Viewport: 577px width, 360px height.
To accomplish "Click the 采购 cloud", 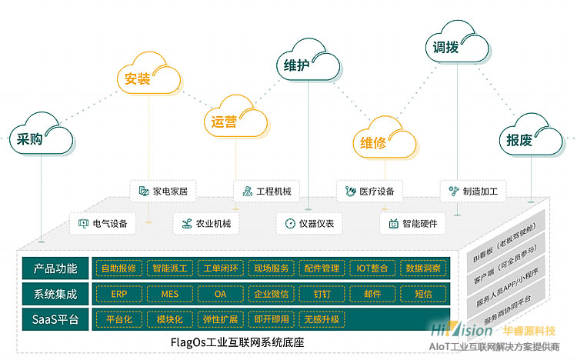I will tap(42, 139).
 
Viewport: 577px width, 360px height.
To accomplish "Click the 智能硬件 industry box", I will tap(412, 224).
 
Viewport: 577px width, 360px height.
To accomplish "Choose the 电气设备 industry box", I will tap(102, 224).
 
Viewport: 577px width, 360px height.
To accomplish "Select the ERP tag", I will tap(118, 294).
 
